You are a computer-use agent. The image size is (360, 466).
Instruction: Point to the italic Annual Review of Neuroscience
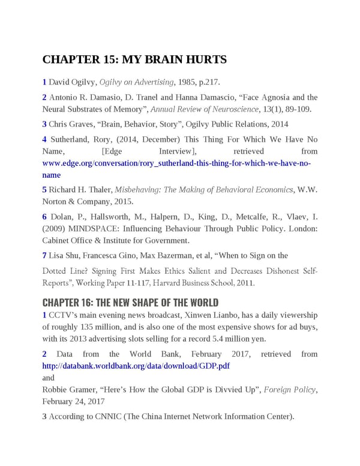pos(203,109)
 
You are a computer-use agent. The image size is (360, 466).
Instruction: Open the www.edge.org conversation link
pos(176,163)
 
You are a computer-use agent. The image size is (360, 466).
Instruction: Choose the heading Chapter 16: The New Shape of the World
pos(130,302)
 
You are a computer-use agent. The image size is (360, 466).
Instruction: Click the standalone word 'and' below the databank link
pos(48,378)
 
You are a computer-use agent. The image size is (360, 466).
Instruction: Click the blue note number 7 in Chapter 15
pos(44,255)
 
